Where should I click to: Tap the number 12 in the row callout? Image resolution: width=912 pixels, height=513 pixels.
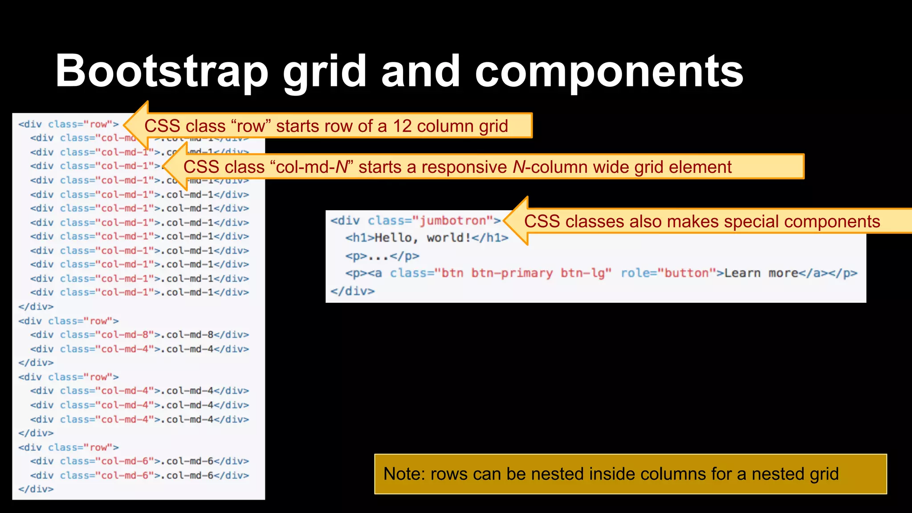click(402, 126)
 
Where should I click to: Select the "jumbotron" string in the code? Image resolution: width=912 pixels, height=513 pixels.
click(452, 220)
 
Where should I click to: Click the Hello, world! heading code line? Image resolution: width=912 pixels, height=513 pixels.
click(427, 238)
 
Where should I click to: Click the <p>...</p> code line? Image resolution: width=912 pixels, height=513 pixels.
click(382, 256)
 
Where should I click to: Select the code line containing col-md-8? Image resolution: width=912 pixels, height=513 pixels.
click(139, 335)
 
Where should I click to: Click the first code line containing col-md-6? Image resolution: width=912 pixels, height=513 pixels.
click(139, 461)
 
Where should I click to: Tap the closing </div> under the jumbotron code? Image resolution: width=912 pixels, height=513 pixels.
click(352, 291)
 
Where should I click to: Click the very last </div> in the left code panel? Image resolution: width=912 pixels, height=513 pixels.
click(36, 489)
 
